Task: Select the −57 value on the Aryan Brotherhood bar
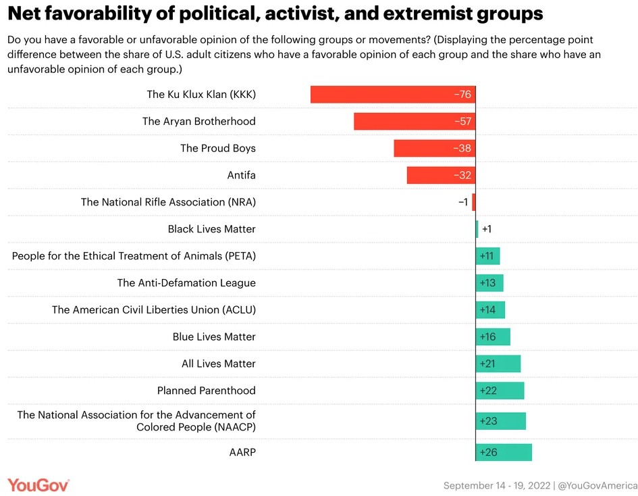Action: coord(462,122)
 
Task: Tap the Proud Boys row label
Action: coord(217,148)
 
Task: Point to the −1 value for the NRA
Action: coord(462,202)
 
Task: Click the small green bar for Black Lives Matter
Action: coord(477,229)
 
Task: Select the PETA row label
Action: coord(134,256)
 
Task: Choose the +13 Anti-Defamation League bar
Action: coord(489,282)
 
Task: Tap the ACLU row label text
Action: coord(154,309)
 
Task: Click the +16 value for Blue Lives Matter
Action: coord(487,337)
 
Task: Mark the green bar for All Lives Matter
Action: coord(498,364)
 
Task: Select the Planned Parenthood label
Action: coord(206,391)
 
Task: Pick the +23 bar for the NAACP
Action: coord(501,421)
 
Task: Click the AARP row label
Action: coord(242,452)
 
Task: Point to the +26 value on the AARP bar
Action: coord(488,452)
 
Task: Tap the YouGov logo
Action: coord(38,485)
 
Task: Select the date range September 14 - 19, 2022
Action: coord(496,485)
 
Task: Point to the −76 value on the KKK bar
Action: coord(462,95)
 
